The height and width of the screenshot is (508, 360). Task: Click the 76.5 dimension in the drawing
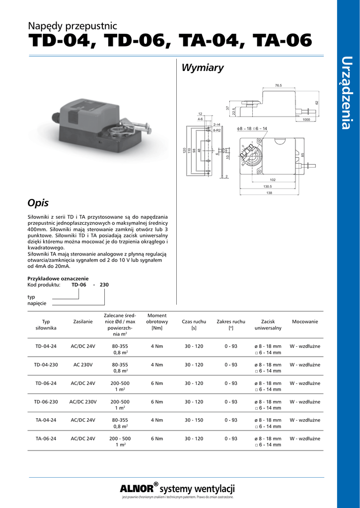coord(278,85)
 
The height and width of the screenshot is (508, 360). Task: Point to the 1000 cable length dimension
coord(306,120)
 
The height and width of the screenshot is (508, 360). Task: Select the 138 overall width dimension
coord(270,192)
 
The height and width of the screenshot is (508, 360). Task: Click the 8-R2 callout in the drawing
coord(216,130)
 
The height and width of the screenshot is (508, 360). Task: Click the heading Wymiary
coord(203,68)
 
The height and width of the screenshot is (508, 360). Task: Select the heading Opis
coord(38,203)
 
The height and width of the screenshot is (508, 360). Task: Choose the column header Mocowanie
coord(305,322)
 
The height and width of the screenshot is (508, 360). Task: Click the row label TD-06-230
coord(46,402)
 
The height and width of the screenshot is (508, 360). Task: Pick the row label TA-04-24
coord(46,420)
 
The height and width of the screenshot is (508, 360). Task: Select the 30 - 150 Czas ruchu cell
coord(194,420)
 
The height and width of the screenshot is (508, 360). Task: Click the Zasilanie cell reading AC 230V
coord(83,365)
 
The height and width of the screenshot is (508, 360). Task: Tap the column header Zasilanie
coord(83,322)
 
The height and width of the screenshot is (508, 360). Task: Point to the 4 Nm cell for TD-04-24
coord(157,346)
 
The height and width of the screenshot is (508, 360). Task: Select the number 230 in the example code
coord(104,285)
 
